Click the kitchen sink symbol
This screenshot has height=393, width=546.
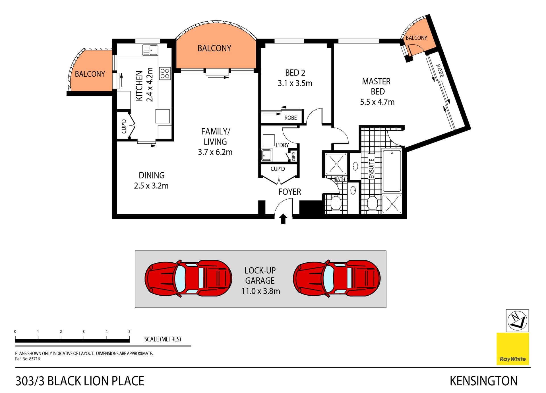[150, 50]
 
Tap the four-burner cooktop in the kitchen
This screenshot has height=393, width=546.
[165, 73]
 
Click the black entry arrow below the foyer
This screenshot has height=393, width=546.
[283, 219]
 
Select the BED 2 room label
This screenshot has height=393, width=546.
[295, 73]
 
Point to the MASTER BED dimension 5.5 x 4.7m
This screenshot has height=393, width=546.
[377, 102]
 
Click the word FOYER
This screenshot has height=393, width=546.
[289, 192]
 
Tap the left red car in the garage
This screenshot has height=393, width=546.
[188, 279]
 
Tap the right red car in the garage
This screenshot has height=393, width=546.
[337, 279]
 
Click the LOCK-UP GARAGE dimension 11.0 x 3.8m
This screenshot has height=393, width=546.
[260, 291]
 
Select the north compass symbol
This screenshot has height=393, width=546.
[517, 321]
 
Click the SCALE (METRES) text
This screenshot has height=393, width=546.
[162, 339]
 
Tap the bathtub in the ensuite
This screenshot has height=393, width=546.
[392, 171]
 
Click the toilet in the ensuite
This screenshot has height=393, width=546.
[372, 203]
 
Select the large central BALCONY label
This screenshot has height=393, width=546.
[214, 48]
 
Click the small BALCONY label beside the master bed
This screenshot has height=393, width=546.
[416, 38]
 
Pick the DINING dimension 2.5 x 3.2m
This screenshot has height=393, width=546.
[151, 186]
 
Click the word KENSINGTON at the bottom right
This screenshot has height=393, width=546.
[483, 381]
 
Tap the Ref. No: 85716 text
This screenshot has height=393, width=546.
[28, 359]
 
